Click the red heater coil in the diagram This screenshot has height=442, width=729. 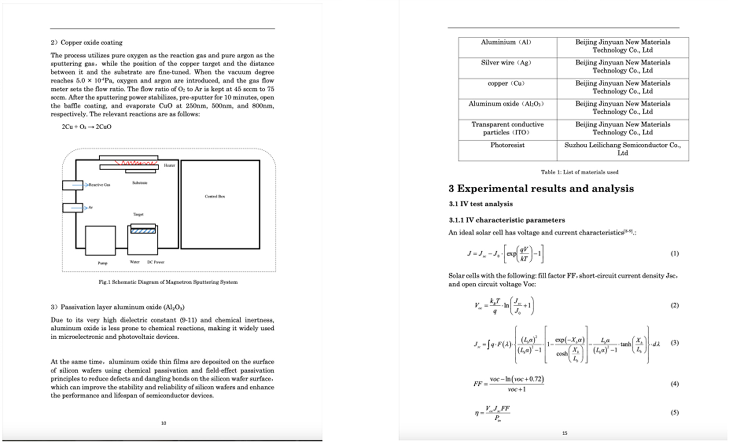tap(136, 163)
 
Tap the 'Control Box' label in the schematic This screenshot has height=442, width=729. tap(215, 196)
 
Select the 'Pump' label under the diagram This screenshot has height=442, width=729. tap(102, 263)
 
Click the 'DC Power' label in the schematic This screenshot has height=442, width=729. tap(156, 262)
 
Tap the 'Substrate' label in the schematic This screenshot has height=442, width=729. tap(140, 183)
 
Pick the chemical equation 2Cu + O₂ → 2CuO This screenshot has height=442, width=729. tap(86, 127)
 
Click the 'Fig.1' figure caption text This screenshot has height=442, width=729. tap(168, 282)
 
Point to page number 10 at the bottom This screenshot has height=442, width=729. tap(163, 423)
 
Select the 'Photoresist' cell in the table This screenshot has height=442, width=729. tap(507, 145)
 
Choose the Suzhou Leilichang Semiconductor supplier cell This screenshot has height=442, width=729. tap(622, 149)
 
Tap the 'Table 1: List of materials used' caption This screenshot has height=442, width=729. tap(579, 172)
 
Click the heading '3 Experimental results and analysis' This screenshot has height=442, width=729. tap(541, 189)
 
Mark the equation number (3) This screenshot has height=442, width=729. tap(674, 343)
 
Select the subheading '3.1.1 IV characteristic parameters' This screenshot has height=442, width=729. tap(507, 220)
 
